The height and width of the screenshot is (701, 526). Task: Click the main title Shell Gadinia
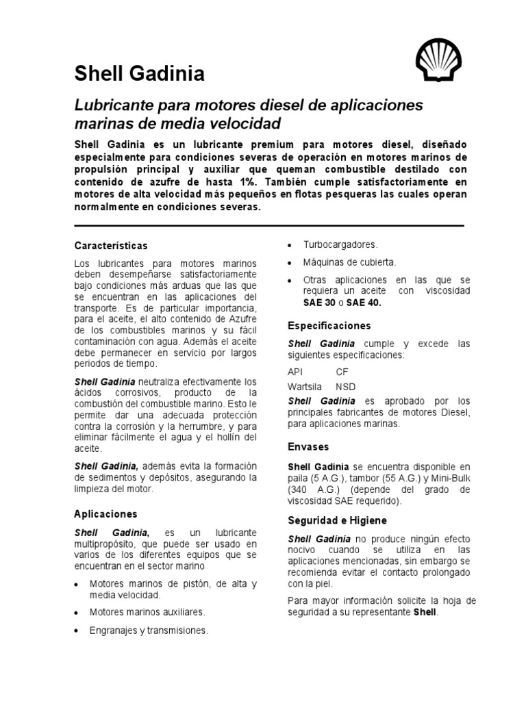tap(139, 74)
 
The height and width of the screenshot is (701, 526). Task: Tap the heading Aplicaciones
tap(105, 513)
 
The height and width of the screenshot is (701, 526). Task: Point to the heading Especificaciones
tap(329, 325)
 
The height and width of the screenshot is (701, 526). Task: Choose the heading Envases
tap(308, 446)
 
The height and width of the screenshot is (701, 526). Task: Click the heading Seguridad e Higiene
tap(337, 520)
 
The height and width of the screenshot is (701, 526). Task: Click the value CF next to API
tap(342, 372)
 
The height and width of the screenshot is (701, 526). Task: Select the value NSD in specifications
tap(345, 387)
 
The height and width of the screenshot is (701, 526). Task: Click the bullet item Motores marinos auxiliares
tap(147, 611)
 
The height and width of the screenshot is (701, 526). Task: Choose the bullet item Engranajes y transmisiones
tap(149, 630)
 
